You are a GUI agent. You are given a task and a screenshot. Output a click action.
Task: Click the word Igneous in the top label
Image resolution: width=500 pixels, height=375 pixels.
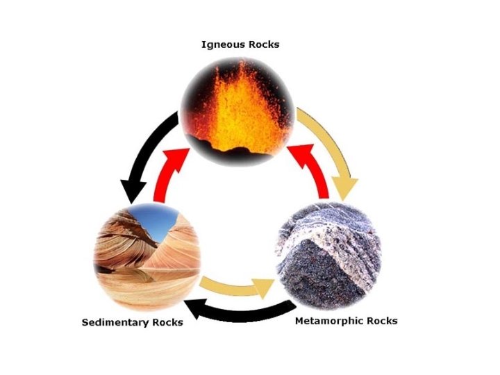222,45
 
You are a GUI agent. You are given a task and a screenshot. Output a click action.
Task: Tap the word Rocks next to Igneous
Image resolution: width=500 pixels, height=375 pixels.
265,45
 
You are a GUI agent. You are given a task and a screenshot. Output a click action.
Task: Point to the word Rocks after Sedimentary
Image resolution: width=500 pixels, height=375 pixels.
167,322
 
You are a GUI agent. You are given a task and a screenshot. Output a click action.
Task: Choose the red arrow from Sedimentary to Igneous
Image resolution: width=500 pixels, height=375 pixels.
174,170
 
